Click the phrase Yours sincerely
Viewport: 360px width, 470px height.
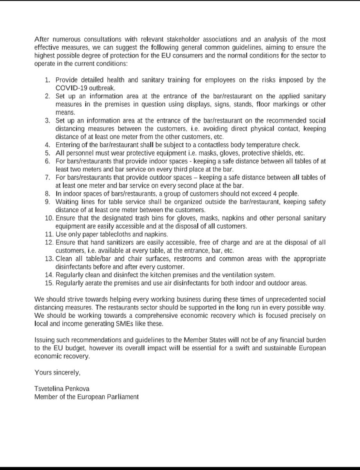click(58, 372)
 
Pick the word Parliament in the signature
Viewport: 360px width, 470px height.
click(119, 396)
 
